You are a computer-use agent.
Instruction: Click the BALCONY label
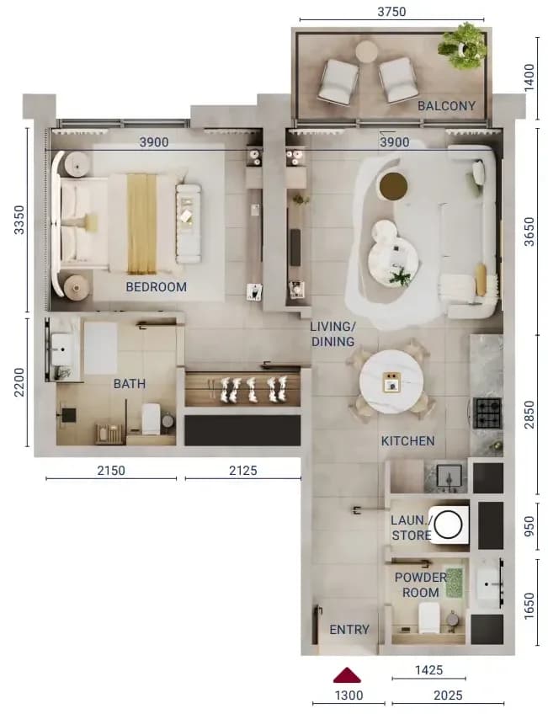446,105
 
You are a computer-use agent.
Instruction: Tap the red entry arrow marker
347,675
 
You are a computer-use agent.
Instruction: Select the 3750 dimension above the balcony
391,11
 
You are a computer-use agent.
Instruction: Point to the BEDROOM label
156,287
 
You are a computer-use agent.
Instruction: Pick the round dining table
391,381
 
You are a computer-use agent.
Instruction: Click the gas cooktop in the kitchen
487,413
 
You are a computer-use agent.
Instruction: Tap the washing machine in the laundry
449,525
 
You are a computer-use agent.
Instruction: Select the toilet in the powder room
428,617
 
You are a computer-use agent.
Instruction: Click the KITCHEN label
407,441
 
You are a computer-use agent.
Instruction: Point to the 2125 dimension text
243,470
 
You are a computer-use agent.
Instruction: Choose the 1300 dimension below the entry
349,695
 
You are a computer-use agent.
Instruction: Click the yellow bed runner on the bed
141,224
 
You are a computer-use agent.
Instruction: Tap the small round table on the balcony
366,51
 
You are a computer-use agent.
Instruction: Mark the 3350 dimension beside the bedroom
19,220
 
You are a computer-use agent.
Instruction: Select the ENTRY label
349,629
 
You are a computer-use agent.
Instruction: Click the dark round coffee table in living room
393,186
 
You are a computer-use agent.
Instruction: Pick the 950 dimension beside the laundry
529,526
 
